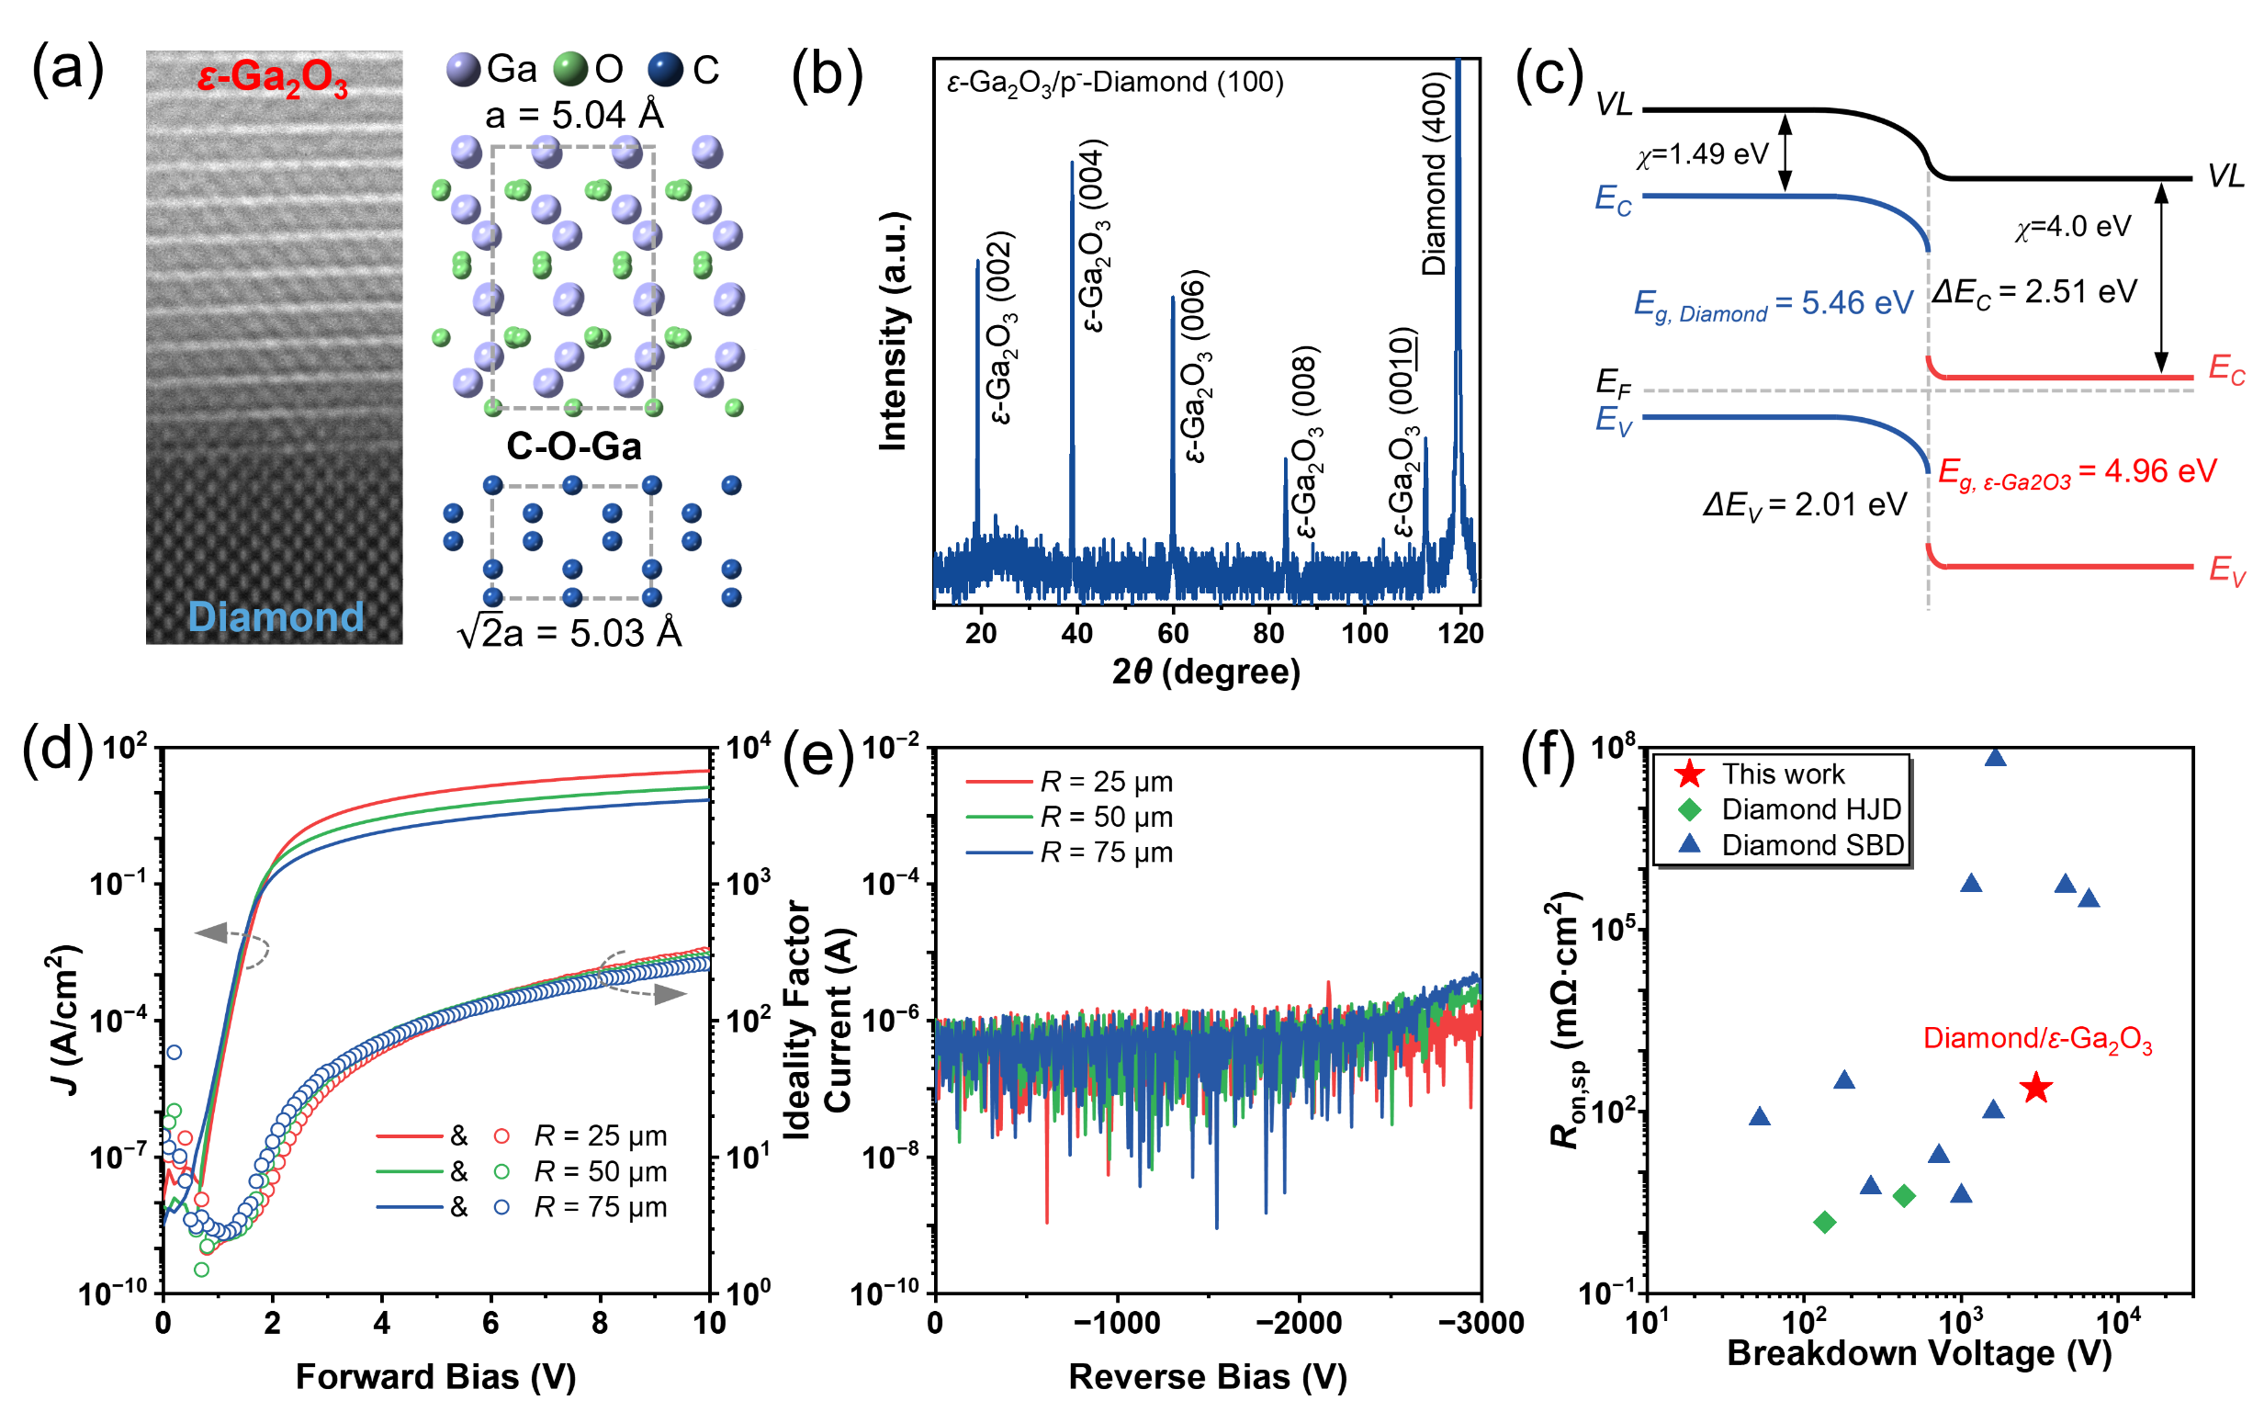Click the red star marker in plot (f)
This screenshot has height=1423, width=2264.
[2035, 1089]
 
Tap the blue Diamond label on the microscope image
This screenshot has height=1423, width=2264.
[276, 617]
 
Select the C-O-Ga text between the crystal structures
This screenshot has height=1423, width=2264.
[573, 446]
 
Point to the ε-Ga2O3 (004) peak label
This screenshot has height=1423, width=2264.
[1094, 235]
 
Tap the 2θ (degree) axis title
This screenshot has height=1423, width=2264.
[1205, 672]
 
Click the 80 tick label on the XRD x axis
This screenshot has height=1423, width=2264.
[1268, 633]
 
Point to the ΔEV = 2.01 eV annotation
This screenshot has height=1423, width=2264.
[1804, 506]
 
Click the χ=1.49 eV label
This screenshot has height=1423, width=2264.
[1703, 154]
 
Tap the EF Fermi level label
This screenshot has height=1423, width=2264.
[1614, 383]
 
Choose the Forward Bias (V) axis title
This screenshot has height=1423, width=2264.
[435, 1376]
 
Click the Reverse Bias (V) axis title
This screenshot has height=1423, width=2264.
[1207, 1376]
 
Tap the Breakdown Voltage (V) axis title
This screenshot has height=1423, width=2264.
[1919, 1352]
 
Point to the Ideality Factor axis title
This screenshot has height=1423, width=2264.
[796, 1021]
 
